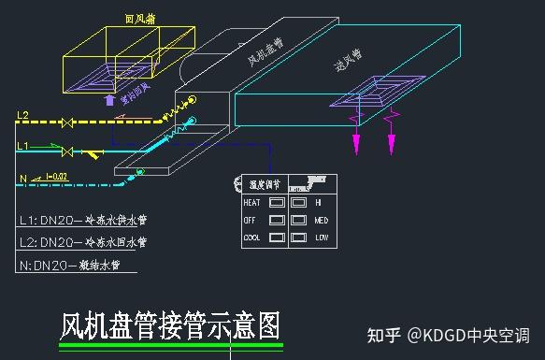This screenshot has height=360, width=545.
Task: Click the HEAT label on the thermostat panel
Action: [251, 202]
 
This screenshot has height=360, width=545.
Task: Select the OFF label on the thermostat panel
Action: [250, 220]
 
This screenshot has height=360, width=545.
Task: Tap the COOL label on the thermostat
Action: [251, 238]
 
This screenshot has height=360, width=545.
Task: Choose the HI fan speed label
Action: [318, 202]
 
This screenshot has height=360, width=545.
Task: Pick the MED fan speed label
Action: [321, 220]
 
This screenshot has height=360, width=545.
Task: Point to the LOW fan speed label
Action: [321, 238]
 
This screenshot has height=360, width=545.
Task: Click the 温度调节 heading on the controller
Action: [264, 184]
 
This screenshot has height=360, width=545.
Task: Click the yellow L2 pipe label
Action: [23, 115]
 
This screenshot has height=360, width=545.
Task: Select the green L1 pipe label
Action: [23, 145]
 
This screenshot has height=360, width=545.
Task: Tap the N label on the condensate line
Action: [22, 176]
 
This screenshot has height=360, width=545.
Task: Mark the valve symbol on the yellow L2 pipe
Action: [67, 122]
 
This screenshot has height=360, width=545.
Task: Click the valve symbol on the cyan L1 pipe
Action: [67, 151]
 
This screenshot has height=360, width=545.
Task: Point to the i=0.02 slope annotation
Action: [56, 175]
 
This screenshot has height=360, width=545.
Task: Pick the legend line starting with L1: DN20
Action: [83, 221]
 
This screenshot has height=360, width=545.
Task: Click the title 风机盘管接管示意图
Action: [169, 325]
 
